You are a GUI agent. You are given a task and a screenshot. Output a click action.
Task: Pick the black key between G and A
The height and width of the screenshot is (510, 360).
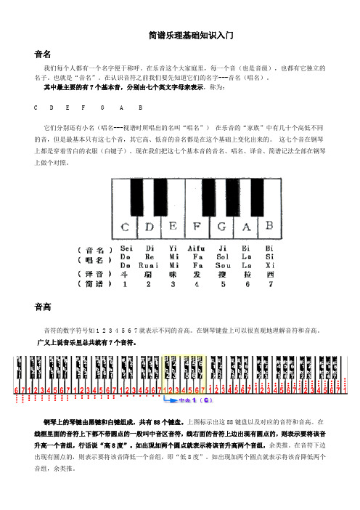pyautogui.click(x=234, y=193)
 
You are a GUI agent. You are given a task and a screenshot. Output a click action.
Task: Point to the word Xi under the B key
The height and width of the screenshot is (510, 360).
pyautogui.click(x=270, y=265)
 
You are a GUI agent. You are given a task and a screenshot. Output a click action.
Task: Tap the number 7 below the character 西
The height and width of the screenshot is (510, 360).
pyautogui.click(x=270, y=285)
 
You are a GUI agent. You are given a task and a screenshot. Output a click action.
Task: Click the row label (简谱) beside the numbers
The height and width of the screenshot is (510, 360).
pyautogui.click(x=94, y=285)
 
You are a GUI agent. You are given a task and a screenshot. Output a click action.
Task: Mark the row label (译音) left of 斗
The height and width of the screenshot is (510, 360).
pyautogui.click(x=94, y=275)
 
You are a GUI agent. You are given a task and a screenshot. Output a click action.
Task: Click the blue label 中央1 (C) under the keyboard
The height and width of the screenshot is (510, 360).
pyautogui.click(x=196, y=400)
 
